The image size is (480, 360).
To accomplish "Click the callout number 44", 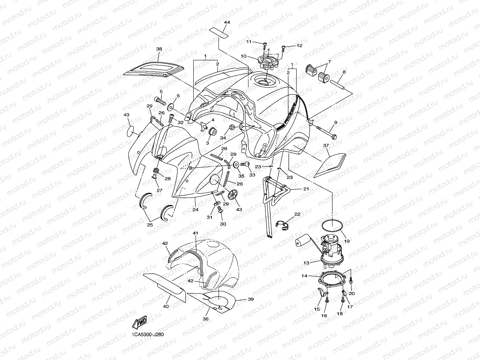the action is pos(226,22).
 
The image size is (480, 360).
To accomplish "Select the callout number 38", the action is pos(159,49).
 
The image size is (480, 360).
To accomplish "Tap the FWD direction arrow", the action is pos(140,323).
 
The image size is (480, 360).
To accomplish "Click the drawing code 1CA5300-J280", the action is pos(148,335).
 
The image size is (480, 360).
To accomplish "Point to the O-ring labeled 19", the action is pos(332,225).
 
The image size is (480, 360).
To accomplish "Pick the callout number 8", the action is pos(344,72).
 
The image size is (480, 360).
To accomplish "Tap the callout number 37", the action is pos(326,146).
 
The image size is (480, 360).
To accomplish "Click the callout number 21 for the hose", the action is pos(306,189).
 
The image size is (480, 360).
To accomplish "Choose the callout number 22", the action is pos(297,214).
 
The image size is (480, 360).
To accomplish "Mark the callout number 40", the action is pos(166,306).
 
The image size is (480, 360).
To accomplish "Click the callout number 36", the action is pos(205,319).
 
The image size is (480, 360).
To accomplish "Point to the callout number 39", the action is pos(250,299).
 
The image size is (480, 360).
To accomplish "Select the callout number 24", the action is pos(195,210).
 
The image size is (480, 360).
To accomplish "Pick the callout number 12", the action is pos(299,46).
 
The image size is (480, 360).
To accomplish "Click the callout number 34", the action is pos(223,138).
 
